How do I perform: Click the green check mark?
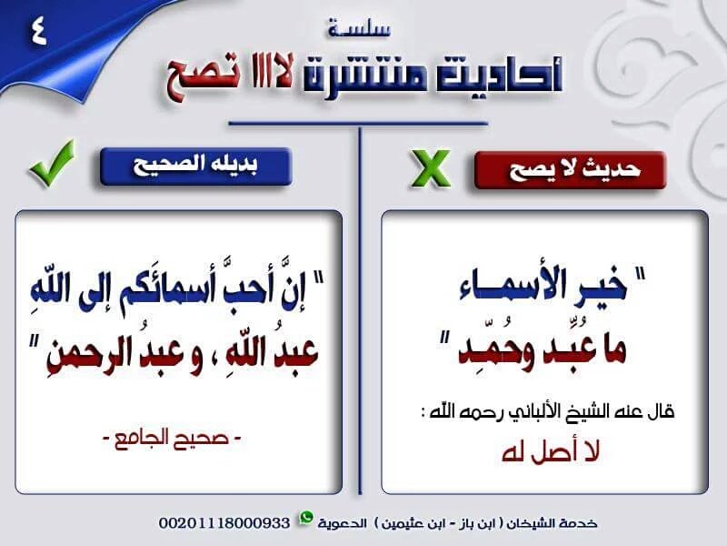pyautogui.click(x=52, y=164)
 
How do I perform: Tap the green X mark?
pyautogui.click(x=430, y=168)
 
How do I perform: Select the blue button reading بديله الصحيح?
pyautogui.click(x=195, y=167)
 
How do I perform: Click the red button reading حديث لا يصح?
pyautogui.click(x=571, y=170)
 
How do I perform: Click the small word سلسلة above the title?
pyautogui.click(x=360, y=29)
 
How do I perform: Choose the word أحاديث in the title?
pyautogui.click(x=499, y=75)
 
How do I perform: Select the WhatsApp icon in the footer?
pyautogui.click(x=305, y=518)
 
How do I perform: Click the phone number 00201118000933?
pyautogui.click(x=224, y=522)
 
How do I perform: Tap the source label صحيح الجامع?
pyautogui.click(x=172, y=438)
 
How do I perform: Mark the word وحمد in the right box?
pyautogui.click(x=495, y=350)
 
